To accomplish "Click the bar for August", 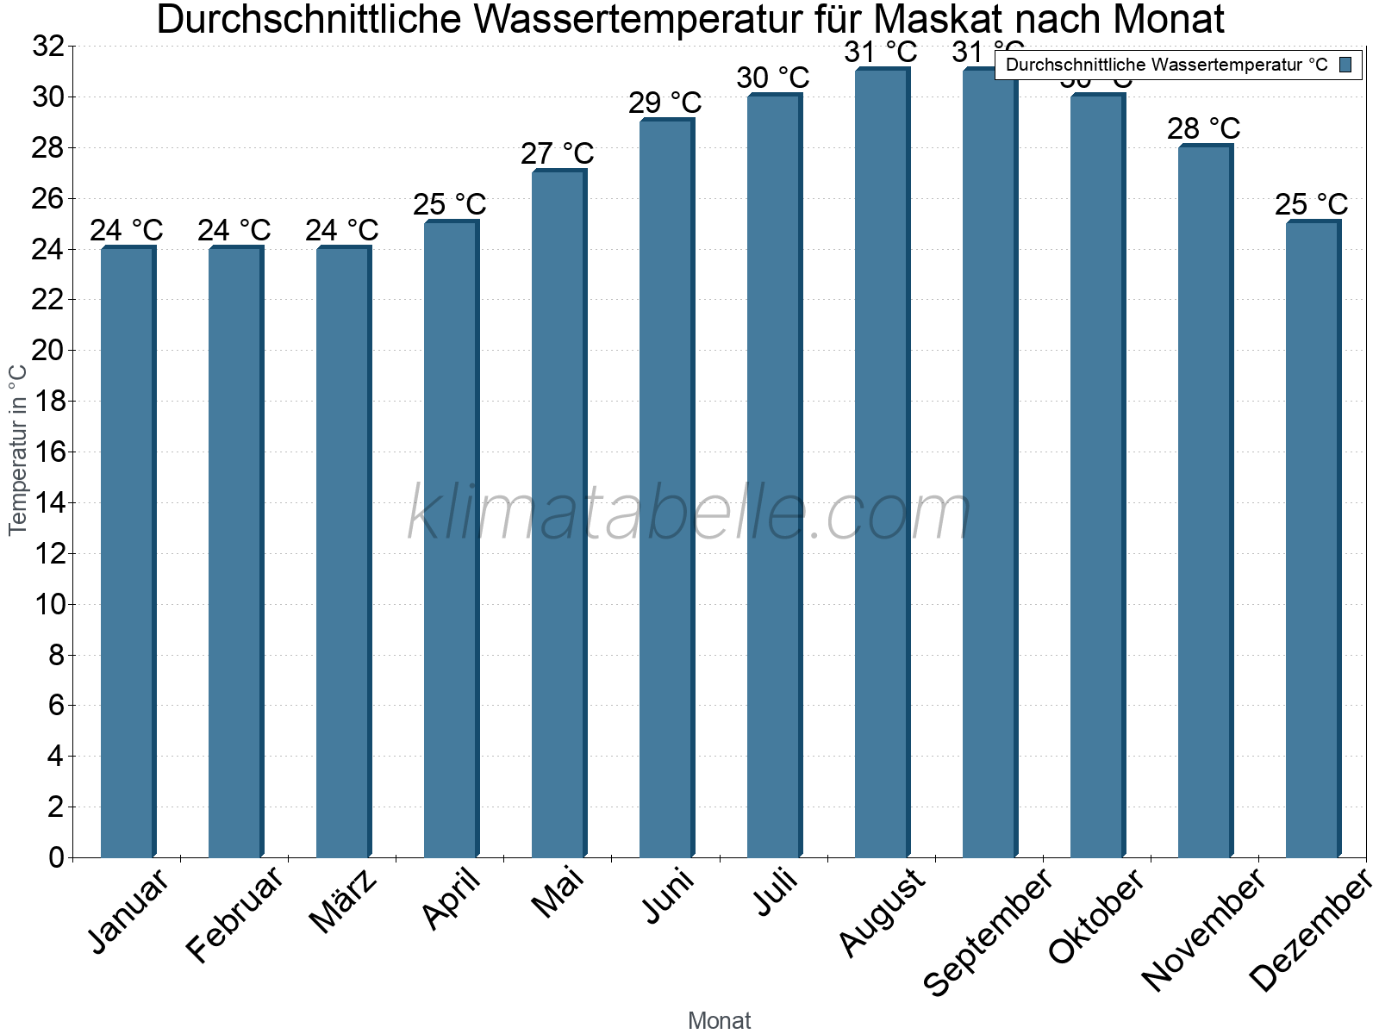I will coord(882,464).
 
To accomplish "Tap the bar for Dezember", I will coord(1313,539).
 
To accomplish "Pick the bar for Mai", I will coord(558,514).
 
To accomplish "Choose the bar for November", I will coord(1205,501).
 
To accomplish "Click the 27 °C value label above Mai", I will coord(557,154).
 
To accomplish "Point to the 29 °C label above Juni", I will coord(665,103).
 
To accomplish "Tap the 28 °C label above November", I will coord(1203,129).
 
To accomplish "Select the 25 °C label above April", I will coord(449,205).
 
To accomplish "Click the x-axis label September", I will coord(989,931).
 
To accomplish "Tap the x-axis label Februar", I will coord(235,914).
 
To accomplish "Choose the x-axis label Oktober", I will coord(1097,916).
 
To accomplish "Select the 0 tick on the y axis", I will coord(57,857).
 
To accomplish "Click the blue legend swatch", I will coord(1345,65).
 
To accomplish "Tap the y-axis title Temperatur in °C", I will coord(18,449).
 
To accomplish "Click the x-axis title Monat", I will coord(720,1020).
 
